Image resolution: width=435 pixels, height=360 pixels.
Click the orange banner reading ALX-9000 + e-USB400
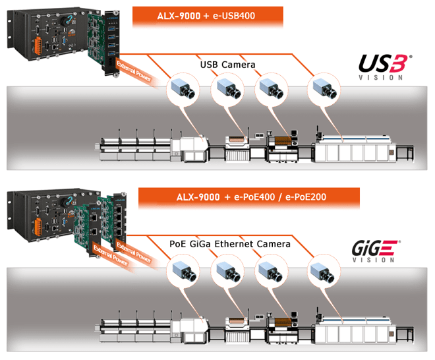[208, 16]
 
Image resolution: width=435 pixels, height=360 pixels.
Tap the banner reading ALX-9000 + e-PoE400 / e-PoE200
[249, 197]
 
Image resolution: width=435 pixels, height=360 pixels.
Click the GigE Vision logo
[376, 251]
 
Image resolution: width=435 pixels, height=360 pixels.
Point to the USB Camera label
[227, 65]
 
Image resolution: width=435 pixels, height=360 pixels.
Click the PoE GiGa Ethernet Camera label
[230, 244]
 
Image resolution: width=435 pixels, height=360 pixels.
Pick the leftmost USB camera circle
[183, 89]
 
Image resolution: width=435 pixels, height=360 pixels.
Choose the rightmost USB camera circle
[324, 89]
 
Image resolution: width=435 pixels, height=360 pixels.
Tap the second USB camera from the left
[227, 89]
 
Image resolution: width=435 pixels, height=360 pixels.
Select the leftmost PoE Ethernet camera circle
[183, 270]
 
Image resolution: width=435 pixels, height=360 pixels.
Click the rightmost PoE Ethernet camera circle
[324, 270]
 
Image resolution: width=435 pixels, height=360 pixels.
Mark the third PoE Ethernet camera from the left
[272, 270]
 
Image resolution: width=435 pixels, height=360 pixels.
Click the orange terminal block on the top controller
[37, 45]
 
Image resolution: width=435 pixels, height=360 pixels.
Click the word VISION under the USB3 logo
[380, 77]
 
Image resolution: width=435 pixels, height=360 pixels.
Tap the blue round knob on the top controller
[67, 20]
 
